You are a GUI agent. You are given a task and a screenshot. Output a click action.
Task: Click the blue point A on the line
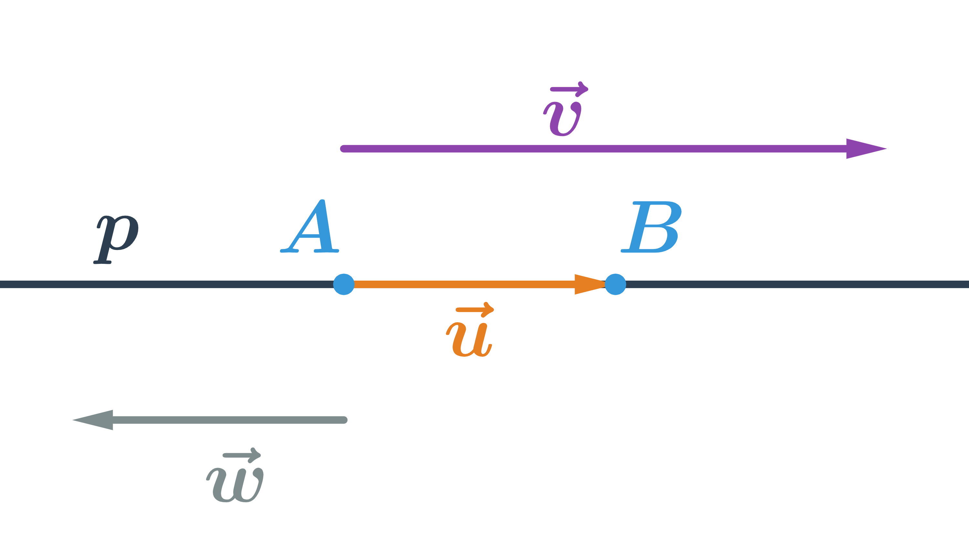pyautogui.click(x=344, y=284)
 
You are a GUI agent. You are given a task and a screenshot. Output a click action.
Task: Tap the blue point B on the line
pyautogui.click(x=615, y=284)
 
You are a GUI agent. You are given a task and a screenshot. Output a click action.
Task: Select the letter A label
pyautogui.click(x=310, y=227)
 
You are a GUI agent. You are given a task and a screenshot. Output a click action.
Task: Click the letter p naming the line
pyautogui.click(x=116, y=239)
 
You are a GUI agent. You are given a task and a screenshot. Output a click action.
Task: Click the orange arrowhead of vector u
pyautogui.click(x=588, y=284)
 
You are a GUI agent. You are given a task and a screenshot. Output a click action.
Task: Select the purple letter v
pyautogui.click(x=562, y=119)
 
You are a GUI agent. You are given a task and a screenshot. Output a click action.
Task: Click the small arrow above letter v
pyautogui.click(x=569, y=89)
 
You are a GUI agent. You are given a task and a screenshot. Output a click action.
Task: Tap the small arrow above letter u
pyautogui.click(x=475, y=310)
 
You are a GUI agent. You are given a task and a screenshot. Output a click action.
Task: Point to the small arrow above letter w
pyautogui.click(x=242, y=455)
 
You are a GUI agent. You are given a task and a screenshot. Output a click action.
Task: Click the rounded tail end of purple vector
pyautogui.click(x=343, y=149)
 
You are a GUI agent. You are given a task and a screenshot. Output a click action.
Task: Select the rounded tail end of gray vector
pyautogui.click(x=344, y=420)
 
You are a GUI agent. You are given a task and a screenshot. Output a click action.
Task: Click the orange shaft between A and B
pyautogui.click(x=464, y=284)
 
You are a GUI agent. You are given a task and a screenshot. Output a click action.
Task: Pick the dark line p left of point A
pyautogui.click(x=170, y=284)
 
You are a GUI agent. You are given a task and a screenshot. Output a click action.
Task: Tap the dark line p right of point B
pyautogui.click(x=791, y=284)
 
